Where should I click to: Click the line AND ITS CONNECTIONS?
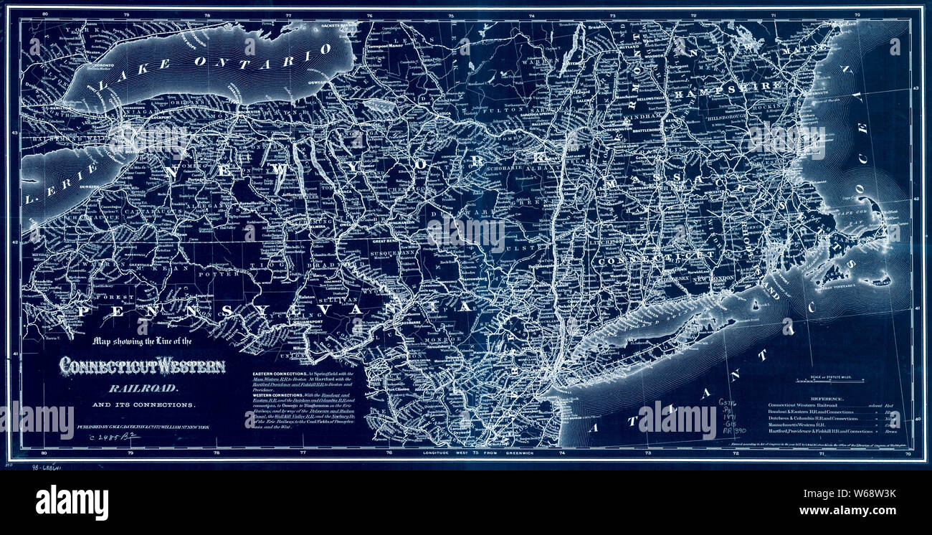click(152, 405)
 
